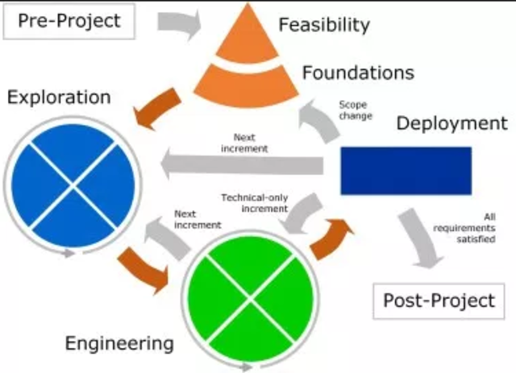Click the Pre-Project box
[x=71, y=21]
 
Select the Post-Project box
[x=438, y=301]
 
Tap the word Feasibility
[x=324, y=24]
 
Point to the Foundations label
[x=358, y=73]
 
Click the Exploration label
[x=58, y=98]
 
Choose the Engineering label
[x=119, y=344]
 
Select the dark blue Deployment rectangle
[x=406, y=170]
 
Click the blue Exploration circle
[x=73, y=185]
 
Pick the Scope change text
[x=356, y=110]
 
